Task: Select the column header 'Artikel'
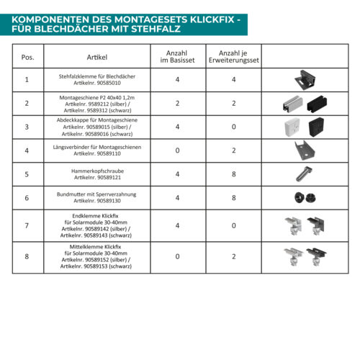(97, 57)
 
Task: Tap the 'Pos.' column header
(27, 58)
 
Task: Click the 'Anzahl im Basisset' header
(177, 57)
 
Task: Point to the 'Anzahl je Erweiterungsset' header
(234, 57)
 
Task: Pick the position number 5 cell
(27, 174)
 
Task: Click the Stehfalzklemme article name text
(97, 76)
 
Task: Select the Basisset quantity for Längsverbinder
(177, 150)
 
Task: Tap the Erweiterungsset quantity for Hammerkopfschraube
(234, 174)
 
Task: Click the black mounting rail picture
(317, 104)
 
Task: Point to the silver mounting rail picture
(292, 104)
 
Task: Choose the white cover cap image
(292, 127)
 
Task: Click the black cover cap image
(316, 127)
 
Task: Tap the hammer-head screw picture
(303, 174)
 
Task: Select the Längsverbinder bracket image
(305, 150)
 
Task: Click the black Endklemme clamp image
(316, 226)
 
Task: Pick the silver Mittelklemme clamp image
(293, 257)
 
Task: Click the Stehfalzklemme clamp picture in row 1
(305, 80)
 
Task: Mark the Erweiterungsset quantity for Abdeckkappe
(234, 127)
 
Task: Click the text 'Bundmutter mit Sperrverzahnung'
(96, 194)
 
